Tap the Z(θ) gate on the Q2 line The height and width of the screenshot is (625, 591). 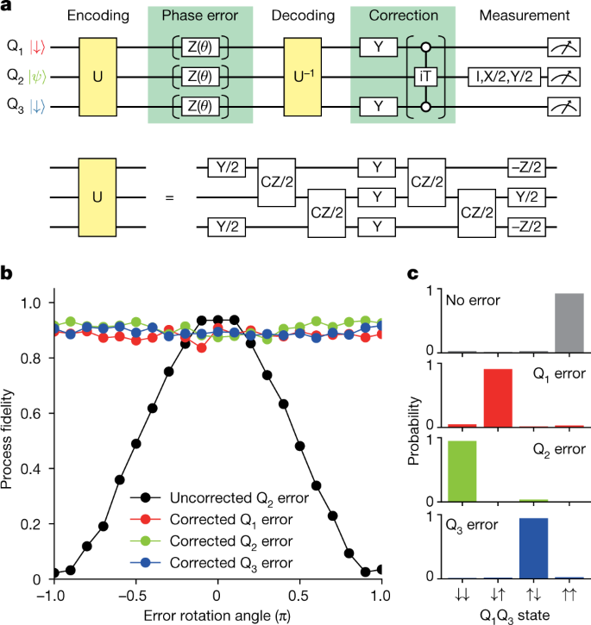[203, 75]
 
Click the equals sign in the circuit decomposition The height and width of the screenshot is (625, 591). [169, 198]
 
